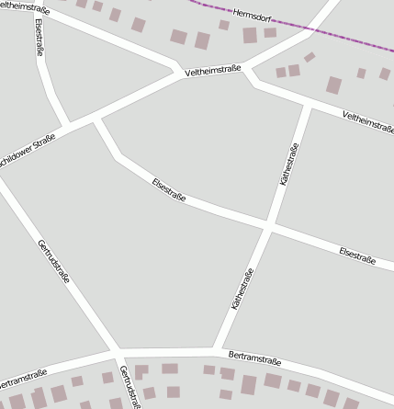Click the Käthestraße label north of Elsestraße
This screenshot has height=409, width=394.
tap(289, 165)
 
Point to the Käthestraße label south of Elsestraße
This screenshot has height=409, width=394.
tap(242, 289)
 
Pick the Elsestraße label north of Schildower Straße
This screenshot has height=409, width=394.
tap(39, 39)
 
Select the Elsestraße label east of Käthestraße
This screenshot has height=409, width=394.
tap(357, 256)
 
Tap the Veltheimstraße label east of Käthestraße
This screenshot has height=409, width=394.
tap(368, 120)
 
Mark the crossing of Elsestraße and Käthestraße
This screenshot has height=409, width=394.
tap(267, 225)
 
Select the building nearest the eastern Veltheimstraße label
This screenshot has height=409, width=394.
tap(333, 85)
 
